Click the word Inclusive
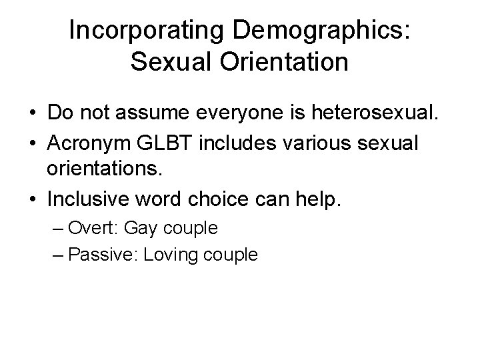(90, 200)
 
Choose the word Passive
(100, 254)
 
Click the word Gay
(141, 228)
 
